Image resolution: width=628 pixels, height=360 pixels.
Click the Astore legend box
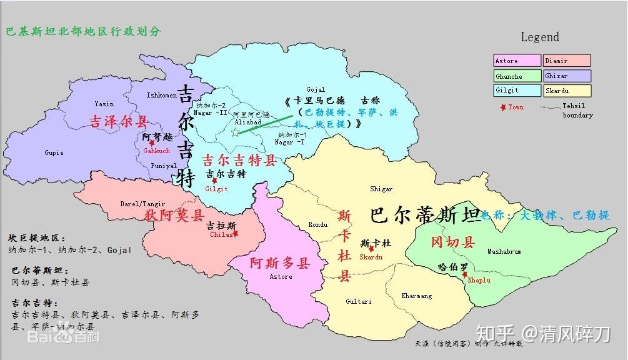[x=516, y=61]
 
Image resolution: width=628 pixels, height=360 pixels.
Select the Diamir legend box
[x=566, y=61]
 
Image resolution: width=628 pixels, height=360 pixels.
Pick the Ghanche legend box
[x=516, y=76]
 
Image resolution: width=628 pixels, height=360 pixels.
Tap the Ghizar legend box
[x=566, y=76]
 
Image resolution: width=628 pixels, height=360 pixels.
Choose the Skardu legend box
[x=566, y=91]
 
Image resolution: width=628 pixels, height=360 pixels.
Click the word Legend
[x=540, y=37]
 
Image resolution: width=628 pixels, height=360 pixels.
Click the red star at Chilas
[x=236, y=234]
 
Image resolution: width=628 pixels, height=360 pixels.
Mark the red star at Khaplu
[x=464, y=274]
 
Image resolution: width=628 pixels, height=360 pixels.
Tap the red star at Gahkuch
[x=151, y=143]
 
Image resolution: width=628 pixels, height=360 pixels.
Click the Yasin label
[x=104, y=104]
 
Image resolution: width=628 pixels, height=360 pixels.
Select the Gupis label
[x=54, y=152]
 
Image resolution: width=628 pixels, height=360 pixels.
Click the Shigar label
[x=381, y=189]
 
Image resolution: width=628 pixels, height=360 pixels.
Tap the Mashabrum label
[x=504, y=251]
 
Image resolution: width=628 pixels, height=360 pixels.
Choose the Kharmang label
[x=416, y=296]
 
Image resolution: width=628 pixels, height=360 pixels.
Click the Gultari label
[x=358, y=301]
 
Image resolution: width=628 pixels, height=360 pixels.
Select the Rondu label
[x=317, y=225]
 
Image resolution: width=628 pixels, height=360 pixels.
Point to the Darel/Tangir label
[x=143, y=204]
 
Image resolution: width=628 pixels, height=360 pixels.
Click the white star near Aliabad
[x=235, y=132]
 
